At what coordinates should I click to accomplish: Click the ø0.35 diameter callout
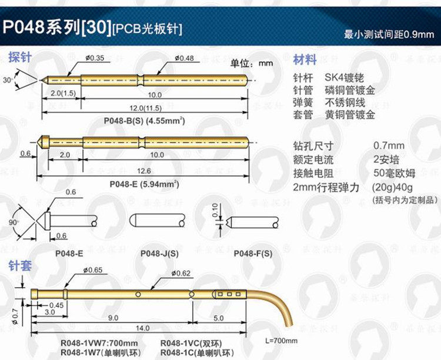[95, 58]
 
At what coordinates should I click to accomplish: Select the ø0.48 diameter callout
[184, 58]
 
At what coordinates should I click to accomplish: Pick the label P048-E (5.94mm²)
[145, 184]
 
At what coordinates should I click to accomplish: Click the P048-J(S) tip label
[159, 254]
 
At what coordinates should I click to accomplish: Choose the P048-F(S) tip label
[253, 254]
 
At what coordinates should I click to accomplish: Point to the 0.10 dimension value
[214, 209]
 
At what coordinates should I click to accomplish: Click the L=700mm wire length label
[282, 341]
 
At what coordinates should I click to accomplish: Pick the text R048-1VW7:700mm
[99, 344]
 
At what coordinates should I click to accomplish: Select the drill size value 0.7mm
[389, 146]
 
